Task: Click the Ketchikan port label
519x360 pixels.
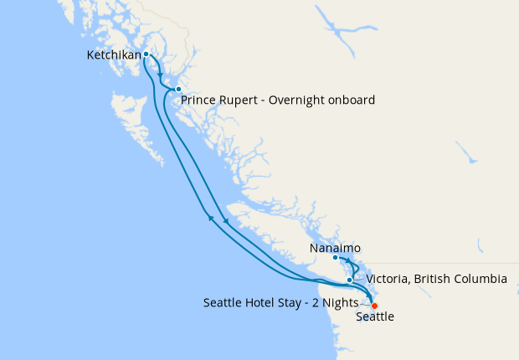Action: tap(113, 56)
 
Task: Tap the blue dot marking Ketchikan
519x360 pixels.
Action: tap(146, 54)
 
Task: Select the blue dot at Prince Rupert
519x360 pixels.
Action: tap(178, 89)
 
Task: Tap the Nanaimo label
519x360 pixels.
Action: tap(335, 249)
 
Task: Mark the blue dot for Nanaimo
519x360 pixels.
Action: tap(335, 258)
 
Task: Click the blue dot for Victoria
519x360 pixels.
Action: tap(350, 280)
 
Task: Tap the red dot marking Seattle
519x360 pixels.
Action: tap(374, 306)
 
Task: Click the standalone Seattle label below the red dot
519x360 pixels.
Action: tap(374, 317)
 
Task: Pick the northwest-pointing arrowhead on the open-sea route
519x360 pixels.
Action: tap(211, 219)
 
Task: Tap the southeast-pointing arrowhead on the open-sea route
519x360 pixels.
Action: tap(225, 220)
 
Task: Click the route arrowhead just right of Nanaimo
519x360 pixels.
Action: tap(346, 260)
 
